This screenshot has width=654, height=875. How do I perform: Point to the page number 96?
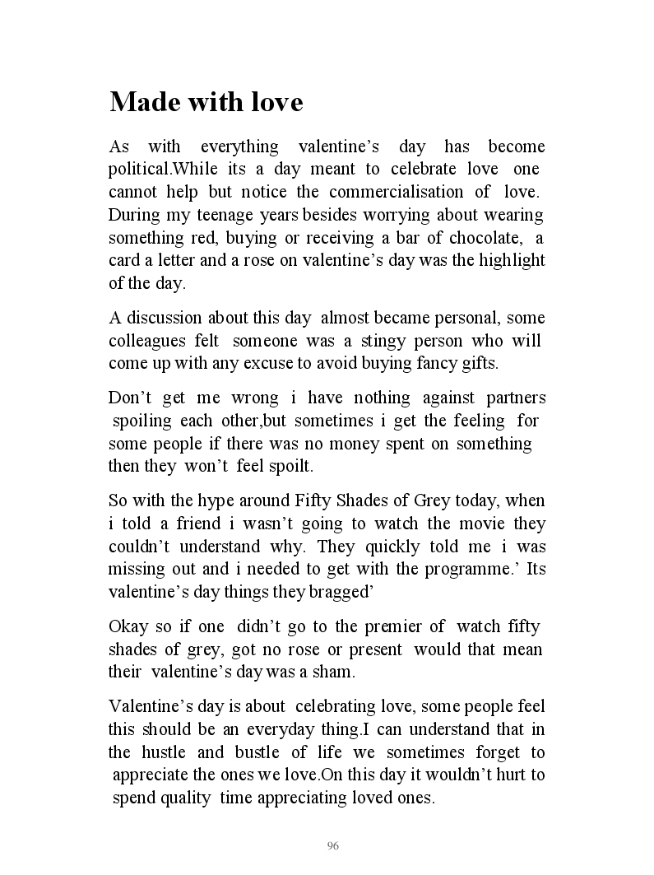coord(333,846)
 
